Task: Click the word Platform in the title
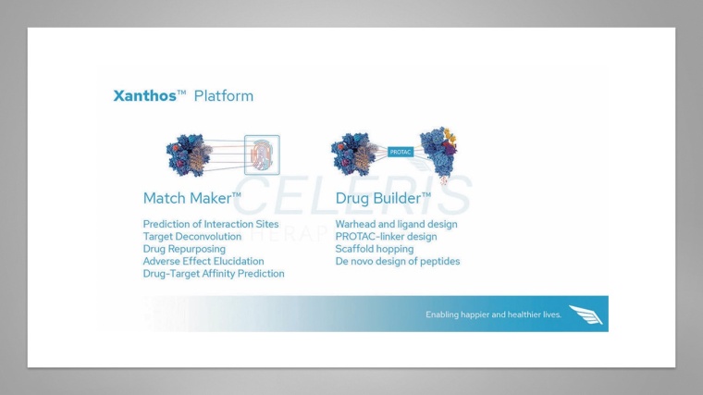tap(223, 96)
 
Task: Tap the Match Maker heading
tap(191, 198)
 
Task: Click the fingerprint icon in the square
tap(261, 154)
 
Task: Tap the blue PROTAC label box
tap(400, 152)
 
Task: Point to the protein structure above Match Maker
tap(190, 154)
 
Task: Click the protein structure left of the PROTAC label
tap(353, 154)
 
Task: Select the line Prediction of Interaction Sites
tap(210, 224)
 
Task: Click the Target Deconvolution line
tap(191, 237)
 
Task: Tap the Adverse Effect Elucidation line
tap(203, 262)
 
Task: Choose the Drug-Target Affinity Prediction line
tap(213, 274)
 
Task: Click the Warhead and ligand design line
tap(396, 224)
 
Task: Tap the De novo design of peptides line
tap(397, 262)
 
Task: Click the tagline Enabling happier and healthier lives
tap(493, 315)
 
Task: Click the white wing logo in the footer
tap(585, 315)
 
